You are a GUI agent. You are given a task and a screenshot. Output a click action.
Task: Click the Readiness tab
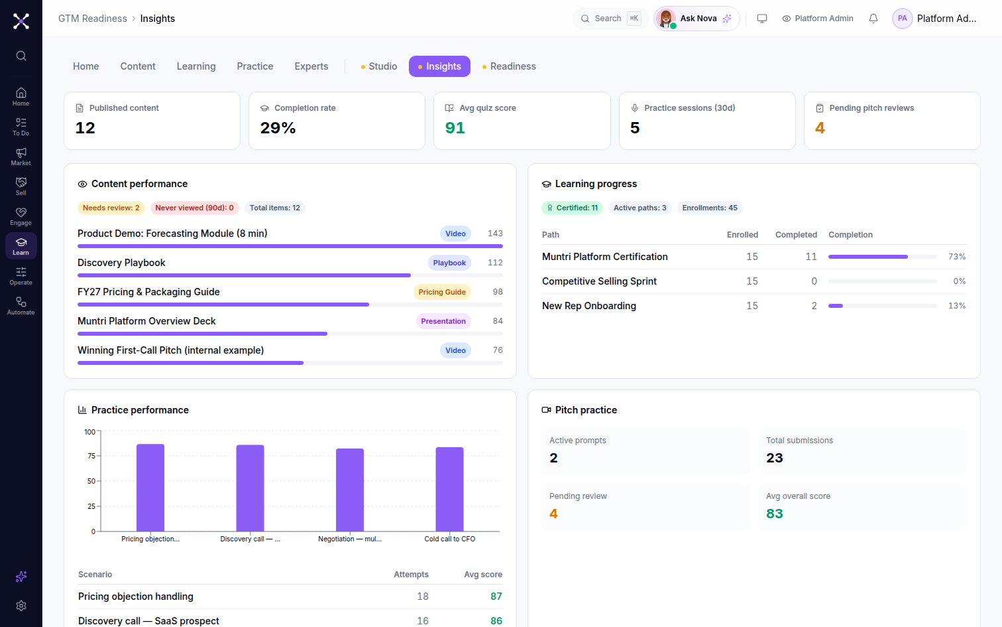click(509, 66)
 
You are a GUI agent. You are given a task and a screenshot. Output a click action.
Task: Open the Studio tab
click(379, 66)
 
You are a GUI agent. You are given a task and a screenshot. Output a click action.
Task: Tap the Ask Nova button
click(696, 19)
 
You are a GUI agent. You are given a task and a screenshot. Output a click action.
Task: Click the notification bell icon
click(873, 19)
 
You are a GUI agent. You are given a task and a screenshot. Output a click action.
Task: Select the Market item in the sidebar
click(21, 157)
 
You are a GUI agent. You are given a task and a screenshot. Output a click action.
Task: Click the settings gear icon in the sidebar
click(21, 606)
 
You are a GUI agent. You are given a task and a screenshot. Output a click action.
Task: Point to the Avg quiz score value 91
click(455, 128)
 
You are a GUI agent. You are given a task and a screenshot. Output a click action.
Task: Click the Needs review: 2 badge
click(111, 208)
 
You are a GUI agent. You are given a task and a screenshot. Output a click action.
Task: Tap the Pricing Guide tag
click(442, 292)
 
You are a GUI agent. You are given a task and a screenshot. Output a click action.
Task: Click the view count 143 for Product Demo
click(495, 234)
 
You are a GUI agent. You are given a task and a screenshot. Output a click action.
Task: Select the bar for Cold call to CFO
click(449, 489)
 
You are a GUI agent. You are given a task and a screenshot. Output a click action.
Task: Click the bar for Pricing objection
click(150, 488)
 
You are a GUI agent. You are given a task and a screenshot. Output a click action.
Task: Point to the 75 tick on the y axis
click(91, 456)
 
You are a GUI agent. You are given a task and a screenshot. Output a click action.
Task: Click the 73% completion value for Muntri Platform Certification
click(957, 257)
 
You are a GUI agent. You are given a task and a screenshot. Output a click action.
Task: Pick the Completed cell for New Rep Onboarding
click(814, 306)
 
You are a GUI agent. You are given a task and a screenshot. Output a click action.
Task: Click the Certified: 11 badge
click(572, 208)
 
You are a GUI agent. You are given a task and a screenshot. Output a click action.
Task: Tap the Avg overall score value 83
click(774, 514)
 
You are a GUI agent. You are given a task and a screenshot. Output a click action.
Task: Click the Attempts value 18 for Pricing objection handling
click(423, 596)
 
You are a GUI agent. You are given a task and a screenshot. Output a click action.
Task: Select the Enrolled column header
click(742, 235)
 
